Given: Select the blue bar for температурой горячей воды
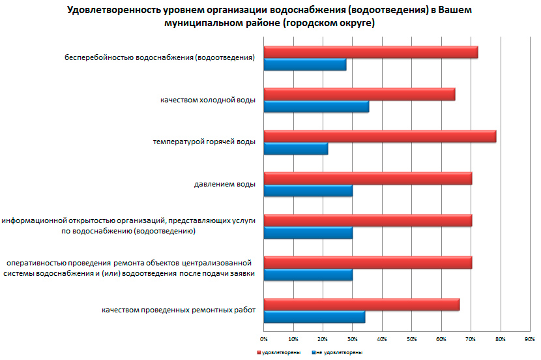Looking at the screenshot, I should coord(296,149).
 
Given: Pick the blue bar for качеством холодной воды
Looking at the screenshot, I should coord(316,107).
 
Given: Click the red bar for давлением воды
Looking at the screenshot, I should coord(368,179).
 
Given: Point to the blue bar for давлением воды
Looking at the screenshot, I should coord(308,190).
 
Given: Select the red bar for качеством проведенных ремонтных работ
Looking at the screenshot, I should coord(362,305).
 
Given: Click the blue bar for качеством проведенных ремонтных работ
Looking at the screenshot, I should coord(314,317).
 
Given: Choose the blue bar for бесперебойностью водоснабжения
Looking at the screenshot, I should coord(305,65).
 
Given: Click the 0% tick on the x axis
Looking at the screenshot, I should coord(264,339).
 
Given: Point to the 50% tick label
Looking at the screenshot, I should coord(411,339).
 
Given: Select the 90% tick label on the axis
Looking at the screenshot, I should coord(529,339).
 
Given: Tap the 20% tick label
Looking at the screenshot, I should coord(323,339).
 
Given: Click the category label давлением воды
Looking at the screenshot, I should coord(224,185).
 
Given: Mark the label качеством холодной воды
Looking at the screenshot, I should coord(207,100).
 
